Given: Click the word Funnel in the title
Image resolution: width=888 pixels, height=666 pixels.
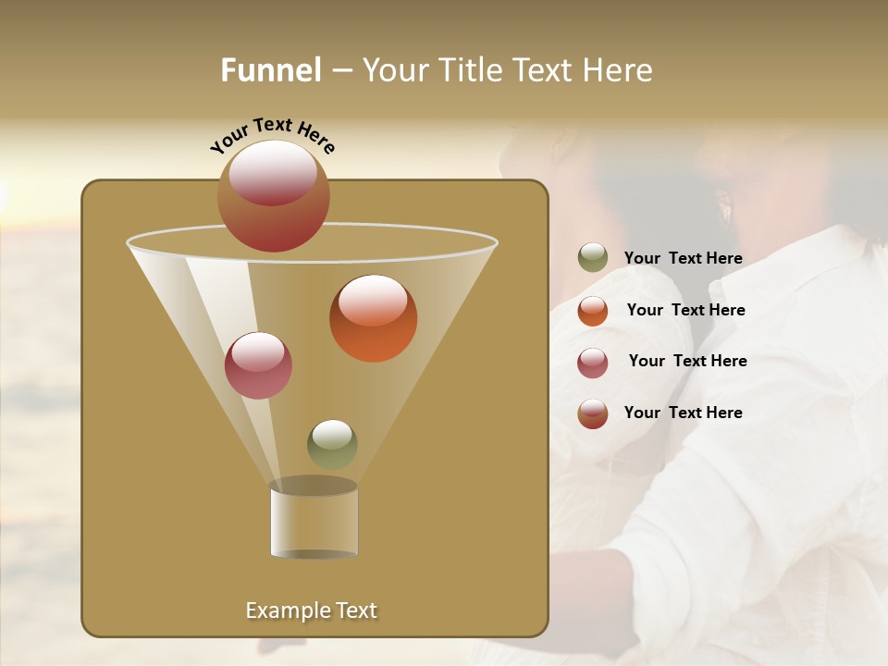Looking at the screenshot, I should pos(271,70).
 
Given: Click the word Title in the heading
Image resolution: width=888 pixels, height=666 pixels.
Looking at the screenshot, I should pos(469,70).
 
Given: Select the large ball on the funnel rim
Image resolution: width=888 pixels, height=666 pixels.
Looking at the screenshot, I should pos(274,197).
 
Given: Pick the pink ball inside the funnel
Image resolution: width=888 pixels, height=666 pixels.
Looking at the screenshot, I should pos(258,365).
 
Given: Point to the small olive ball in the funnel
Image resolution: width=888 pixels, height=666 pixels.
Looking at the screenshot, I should pos(332,445).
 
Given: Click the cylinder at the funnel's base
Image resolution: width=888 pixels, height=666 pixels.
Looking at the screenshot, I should pos(314,520).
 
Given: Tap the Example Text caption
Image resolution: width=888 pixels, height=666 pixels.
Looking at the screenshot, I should pos(312,610).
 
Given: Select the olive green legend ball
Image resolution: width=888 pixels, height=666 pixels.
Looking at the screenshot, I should pos(593,258).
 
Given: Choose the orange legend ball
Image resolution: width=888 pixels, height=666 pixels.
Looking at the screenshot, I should pos(593,311).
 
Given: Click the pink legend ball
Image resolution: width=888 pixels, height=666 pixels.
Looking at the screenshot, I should pos(593,363).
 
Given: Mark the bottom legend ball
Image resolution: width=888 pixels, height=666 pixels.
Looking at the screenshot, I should pos(593,413).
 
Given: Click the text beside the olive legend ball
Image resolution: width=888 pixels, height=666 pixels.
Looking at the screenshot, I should pos(683,259).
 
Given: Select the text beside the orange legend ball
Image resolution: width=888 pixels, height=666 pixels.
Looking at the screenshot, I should pos(685,311).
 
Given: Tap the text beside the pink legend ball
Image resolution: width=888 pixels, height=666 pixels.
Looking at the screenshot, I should pos(687,362).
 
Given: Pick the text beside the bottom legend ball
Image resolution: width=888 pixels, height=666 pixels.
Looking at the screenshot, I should pos(683,413).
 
